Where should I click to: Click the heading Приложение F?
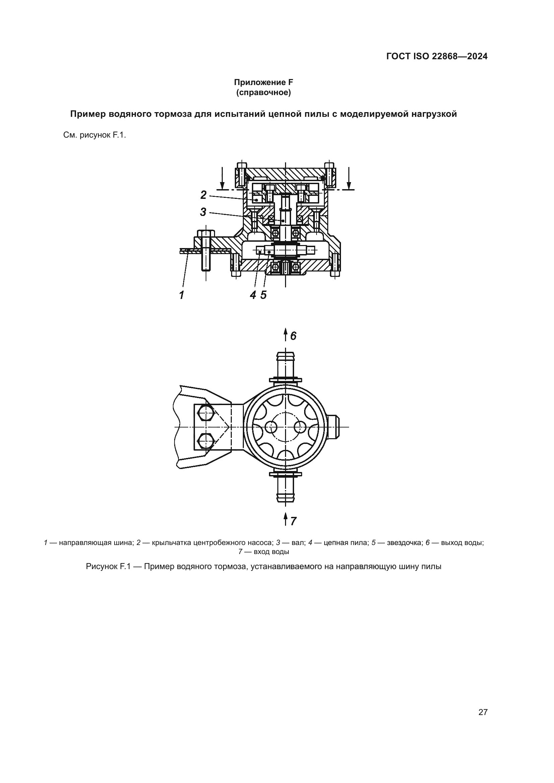point(263,83)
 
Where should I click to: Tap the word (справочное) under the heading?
point(263,93)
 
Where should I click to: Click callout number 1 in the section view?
point(182,295)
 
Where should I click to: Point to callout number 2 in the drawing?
point(203,195)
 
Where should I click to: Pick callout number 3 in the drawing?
point(203,212)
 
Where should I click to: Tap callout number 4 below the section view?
point(253,295)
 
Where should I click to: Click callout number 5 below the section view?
point(263,295)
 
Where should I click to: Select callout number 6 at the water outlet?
point(293,336)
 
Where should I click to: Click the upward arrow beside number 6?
point(285,335)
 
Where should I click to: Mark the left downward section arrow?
point(222,178)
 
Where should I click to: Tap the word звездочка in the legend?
point(403,543)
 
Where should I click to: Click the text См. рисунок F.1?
point(95,135)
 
